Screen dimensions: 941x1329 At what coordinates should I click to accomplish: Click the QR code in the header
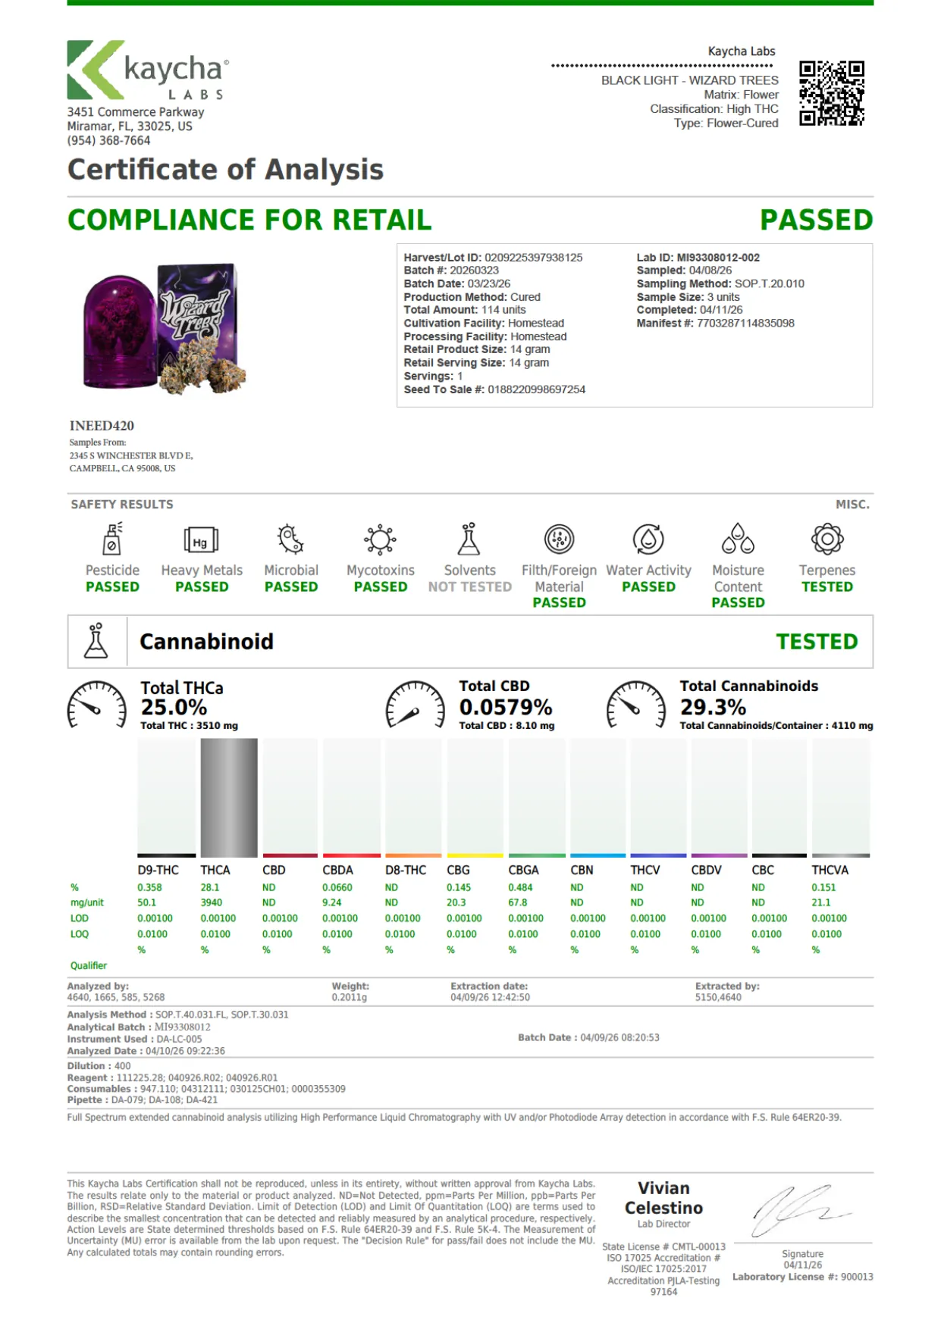click(832, 93)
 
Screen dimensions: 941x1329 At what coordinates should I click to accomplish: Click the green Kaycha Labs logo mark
click(95, 70)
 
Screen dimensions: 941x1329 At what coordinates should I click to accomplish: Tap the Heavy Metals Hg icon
click(201, 540)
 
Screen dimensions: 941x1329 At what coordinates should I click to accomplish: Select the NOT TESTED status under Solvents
click(470, 586)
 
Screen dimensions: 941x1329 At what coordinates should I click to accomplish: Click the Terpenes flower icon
click(827, 539)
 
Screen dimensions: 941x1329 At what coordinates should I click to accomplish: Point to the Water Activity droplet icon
click(648, 539)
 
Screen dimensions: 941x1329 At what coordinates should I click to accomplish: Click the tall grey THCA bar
click(229, 798)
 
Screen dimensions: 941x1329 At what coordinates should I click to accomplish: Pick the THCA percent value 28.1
click(210, 887)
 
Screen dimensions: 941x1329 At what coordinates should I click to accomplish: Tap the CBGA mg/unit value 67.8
click(518, 902)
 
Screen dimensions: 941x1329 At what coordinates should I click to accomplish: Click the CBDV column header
click(707, 870)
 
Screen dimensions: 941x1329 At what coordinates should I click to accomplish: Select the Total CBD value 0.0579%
click(506, 707)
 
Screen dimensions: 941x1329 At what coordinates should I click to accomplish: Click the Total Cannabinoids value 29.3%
click(713, 707)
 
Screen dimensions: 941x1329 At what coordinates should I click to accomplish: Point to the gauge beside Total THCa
click(97, 705)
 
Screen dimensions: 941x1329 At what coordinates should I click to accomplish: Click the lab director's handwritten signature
click(801, 1209)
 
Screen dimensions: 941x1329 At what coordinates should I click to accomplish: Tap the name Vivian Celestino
click(663, 1198)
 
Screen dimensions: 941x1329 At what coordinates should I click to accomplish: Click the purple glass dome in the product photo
click(119, 332)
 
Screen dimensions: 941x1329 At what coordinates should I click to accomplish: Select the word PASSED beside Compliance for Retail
click(817, 220)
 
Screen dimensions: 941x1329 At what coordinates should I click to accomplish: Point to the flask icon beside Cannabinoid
click(96, 641)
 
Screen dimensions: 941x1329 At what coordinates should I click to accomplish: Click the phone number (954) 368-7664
click(108, 140)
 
